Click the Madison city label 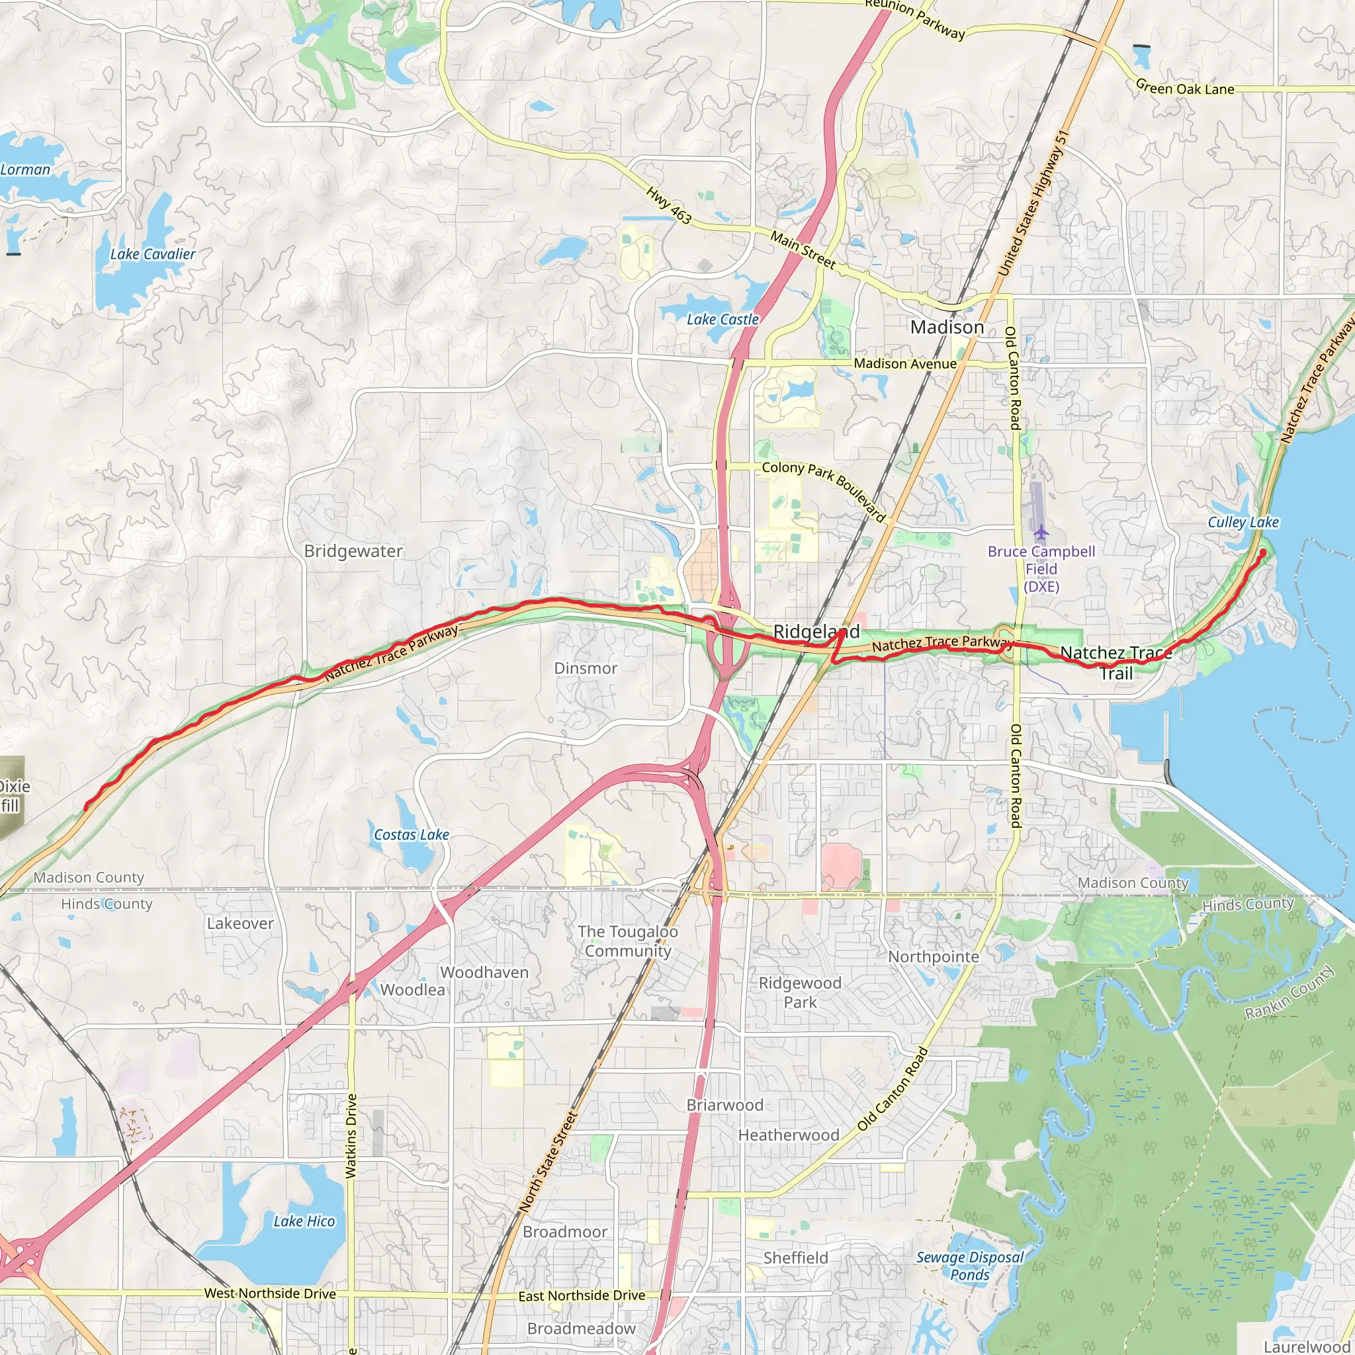(x=947, y=328)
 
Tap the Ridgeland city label (x=816, y=631)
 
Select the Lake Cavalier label (x=152, y=254)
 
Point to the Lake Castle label (x=722, y=319)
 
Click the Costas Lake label (x=411, y=834)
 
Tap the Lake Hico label (x=304, y=1221)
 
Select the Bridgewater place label (x=353, y=551)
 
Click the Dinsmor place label (x=585, y=668)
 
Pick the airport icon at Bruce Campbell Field (x=1041, y=533)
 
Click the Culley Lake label (x=1243, y=523)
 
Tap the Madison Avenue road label (x=904, y=364)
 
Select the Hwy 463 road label (x=668, y=206)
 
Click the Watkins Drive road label (x=351, y=1135)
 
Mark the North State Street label (x=548, y=1160)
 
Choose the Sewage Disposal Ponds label (x=969, y=1266)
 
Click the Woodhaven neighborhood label (x=484, y=972)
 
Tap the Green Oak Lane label (x=1184, y=89)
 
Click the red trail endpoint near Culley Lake (x=1262, y=552)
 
